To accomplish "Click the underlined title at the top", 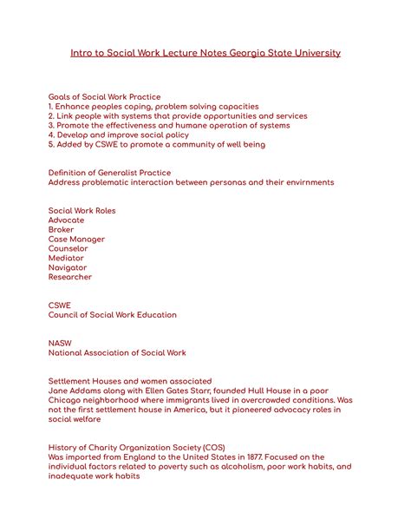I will point(205,54).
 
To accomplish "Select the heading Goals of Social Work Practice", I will point(104,97).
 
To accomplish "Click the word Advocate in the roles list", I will point(66,220).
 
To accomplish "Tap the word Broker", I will point(62,230).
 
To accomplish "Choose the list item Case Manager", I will point(76,240).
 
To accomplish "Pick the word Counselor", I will point(69,249).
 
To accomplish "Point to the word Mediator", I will point(66,259).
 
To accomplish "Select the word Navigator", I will point(68,268).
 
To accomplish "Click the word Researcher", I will point(69,278).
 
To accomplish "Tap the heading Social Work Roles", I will point(82,211).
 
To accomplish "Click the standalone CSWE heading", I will point(60,305).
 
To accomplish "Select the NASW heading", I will point(60,344).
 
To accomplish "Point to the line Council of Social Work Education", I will point(112,315).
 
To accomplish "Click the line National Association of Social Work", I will point(117,353).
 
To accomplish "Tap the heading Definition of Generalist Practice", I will point(109,173).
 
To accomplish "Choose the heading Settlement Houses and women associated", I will point(130,381).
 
